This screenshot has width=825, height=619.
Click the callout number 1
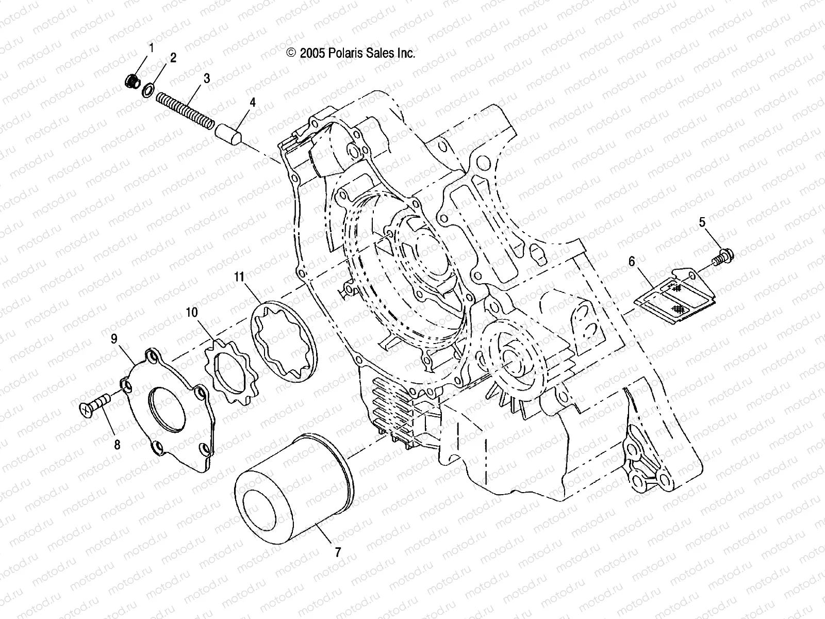tap(152, 48)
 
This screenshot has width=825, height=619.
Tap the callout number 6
tap(632, 262)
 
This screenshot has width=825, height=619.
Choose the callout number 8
tap(118, 444)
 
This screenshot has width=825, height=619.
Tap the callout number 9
tap(114, 338)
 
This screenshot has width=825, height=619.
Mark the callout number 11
tap(238, 277)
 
